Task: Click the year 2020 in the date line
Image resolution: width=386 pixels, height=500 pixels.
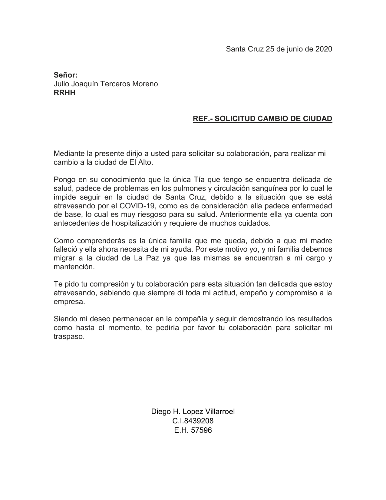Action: pos(324,49)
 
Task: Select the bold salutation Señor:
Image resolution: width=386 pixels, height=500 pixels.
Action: pos(66,75)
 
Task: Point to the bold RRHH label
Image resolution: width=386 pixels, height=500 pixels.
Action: pos(64,93)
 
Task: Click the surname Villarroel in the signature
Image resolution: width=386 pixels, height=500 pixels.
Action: pos(220,412)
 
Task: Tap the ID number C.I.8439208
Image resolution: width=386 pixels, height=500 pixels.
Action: pos(193,421)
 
